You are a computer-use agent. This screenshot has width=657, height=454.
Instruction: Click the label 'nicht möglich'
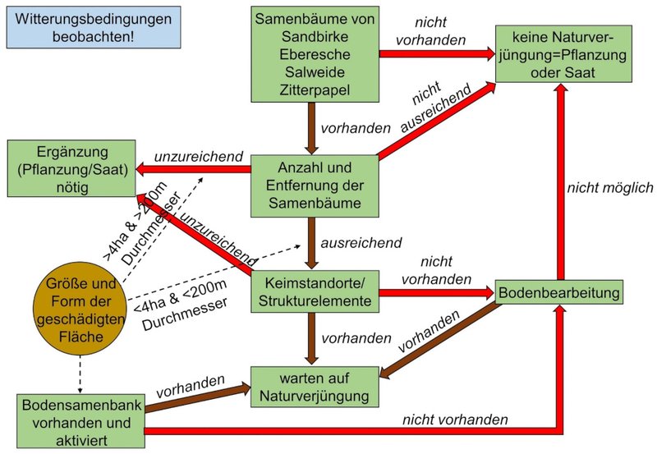[x=609, y=188]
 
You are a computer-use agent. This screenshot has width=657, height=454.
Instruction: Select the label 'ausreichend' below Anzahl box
[x=361, y=243]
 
